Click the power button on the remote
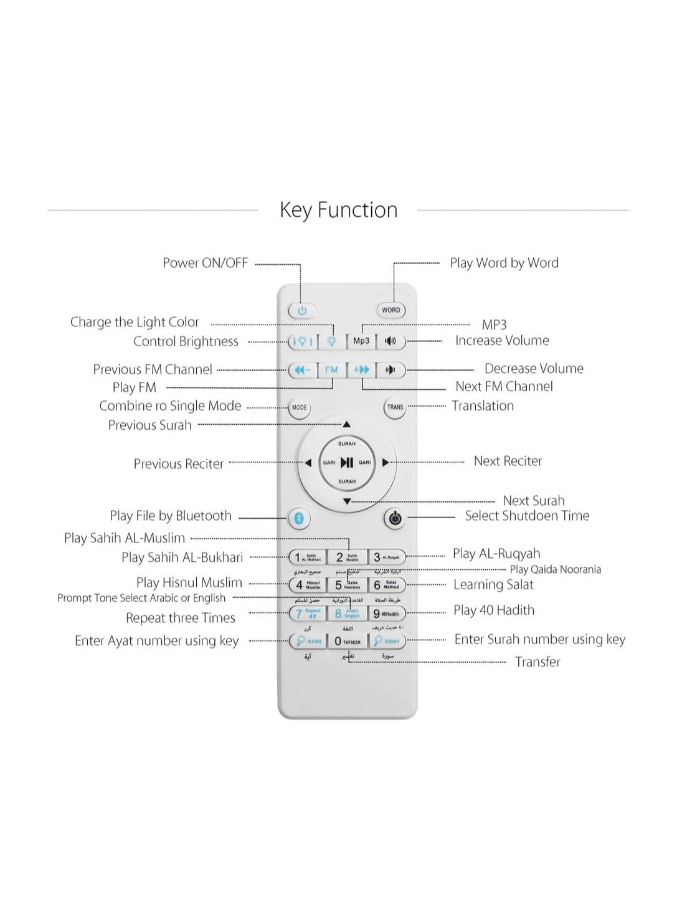pos(302,310)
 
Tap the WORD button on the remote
pos(391,310)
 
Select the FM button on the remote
pos(331,370)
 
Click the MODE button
pos(300,408)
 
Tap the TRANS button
pos(395,408)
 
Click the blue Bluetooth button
pos(298,518)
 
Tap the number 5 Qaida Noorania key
pos(347,585)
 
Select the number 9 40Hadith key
pos(386,613)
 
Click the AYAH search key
pos(308,641)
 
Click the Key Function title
pos(338,210)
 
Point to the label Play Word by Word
pos(504,263)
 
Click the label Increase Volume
pos(502,341)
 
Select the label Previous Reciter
pos(178,464)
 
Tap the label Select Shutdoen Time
pos(527,516)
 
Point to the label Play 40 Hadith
pos(494,610)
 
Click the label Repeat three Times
pos(181,618)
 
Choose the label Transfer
pos(537,662)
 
